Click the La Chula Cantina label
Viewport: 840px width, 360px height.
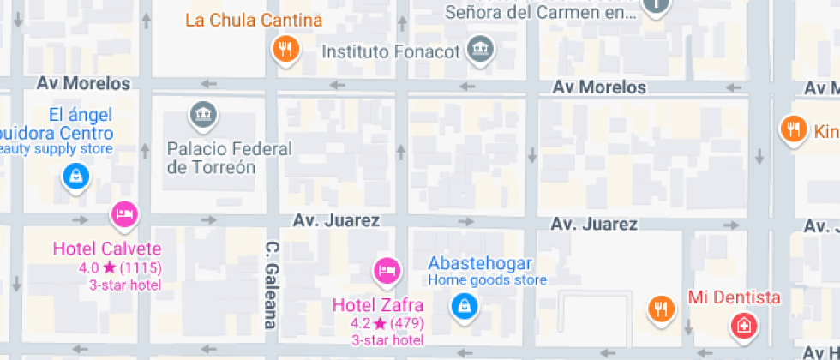[254, 20]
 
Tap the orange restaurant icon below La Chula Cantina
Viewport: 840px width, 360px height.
[285, 50]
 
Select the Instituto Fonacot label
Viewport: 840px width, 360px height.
[391, 51]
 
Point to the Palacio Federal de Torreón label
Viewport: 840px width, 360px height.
[229, 158]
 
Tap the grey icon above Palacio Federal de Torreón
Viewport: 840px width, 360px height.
[203, 114]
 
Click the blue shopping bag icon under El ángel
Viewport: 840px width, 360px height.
[76, 177]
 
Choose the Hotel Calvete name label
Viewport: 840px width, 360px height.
[107, 249]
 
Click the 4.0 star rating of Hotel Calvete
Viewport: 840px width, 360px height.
[120, 267]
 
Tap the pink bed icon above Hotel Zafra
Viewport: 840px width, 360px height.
[387, 272]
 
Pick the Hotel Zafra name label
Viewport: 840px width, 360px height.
[377, 305]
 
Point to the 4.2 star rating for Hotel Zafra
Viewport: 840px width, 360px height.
[387, 323]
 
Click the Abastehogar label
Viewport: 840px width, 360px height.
[480, 263]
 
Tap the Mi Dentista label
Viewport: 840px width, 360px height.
[735, 297]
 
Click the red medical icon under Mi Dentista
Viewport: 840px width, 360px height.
[742, 326]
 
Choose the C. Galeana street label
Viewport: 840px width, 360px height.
[271, 285]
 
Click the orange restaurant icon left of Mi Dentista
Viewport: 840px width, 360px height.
[660, 308]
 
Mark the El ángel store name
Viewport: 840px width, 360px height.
[80, 116]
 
